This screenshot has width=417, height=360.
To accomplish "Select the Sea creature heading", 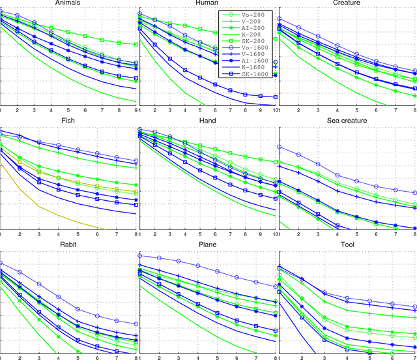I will pyautogui.click(x=347, y=121).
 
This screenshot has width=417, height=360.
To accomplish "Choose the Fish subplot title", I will pyautogui.click(x=68, y=121).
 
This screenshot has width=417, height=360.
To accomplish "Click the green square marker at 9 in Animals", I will pyautogui.click(x=136, y=44).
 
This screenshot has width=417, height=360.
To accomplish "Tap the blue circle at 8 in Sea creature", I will pyautogui.click(x=414, y=193).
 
